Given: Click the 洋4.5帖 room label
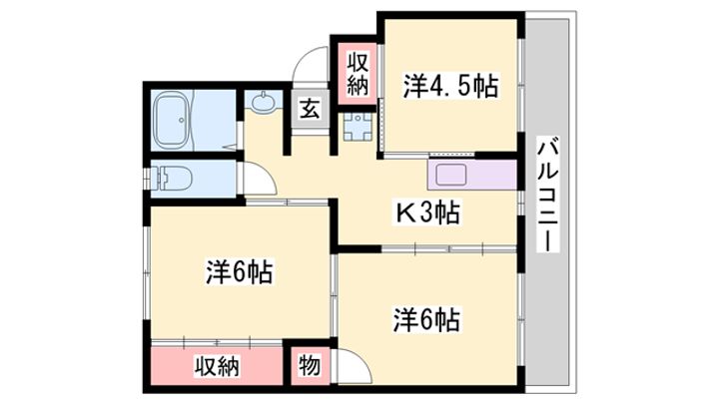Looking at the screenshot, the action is coord(450,86).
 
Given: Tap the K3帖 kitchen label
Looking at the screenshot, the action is coord(427,212).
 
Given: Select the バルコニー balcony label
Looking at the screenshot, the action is coord(548,197).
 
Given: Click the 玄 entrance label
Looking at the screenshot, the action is coord(310,109).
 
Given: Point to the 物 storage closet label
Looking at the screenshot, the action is coord(310,366).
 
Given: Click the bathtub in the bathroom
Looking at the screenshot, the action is coord(173,119).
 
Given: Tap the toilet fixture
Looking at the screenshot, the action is coord(173,179).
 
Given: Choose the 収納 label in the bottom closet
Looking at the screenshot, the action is coord(217,366).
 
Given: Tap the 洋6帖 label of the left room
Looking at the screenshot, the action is coord(240,272).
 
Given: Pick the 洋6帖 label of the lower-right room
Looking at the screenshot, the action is coord(427,320).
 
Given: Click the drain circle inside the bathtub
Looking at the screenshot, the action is coord(182,120).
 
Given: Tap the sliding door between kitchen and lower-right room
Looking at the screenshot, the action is coord(449,249).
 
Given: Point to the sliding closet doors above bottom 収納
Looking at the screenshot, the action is coord(217,342).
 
